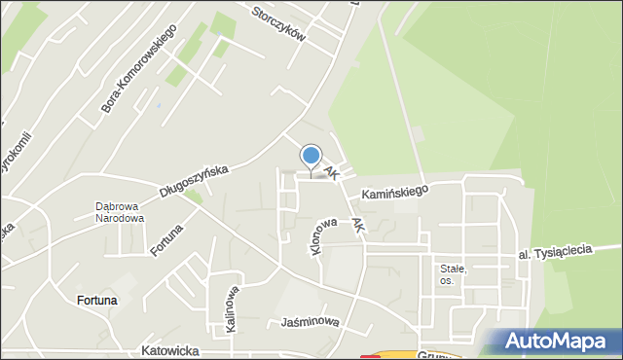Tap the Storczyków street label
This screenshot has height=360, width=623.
[278, 23]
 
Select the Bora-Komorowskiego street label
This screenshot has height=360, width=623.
[137, 70]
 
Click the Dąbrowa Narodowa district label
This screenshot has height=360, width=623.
[120, 212]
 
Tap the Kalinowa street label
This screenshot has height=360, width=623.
[233, 308]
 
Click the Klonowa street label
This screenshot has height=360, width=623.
[316, 237]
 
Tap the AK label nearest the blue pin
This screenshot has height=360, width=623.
[332, 172]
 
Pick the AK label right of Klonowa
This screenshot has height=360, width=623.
[358, 225]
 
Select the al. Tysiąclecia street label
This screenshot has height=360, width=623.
[555, 252]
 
